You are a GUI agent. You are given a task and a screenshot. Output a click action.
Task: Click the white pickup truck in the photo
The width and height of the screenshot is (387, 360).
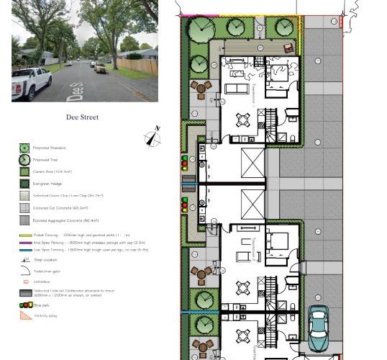tap(32, 81)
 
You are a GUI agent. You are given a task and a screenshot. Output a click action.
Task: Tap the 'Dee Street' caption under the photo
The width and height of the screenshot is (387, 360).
tap(82, 117)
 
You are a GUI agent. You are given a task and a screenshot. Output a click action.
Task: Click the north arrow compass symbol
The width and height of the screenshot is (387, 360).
tap(152, 137)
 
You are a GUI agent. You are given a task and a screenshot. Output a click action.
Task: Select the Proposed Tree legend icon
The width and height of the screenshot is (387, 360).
tap(24, 160)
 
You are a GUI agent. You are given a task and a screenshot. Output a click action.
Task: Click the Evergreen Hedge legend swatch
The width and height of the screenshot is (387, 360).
tap(24, 184)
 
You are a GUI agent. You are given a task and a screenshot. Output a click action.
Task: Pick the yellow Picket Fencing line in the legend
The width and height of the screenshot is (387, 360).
tap(24, 235)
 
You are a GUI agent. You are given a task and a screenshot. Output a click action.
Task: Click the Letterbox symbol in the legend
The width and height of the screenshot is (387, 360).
tap(24, 282)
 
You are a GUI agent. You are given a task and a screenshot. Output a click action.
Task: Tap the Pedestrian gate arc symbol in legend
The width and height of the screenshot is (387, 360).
tap(24, 270)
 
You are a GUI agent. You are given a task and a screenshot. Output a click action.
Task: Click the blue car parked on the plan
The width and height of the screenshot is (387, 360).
tap(318, 328)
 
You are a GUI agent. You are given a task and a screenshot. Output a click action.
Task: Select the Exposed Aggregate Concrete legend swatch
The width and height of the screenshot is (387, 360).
tap(24, 220)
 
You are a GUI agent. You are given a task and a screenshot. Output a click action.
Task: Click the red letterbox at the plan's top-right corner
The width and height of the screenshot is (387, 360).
tap(341, 22)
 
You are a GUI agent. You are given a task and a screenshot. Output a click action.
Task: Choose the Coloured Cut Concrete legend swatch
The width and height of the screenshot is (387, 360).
tap(24, 208)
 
